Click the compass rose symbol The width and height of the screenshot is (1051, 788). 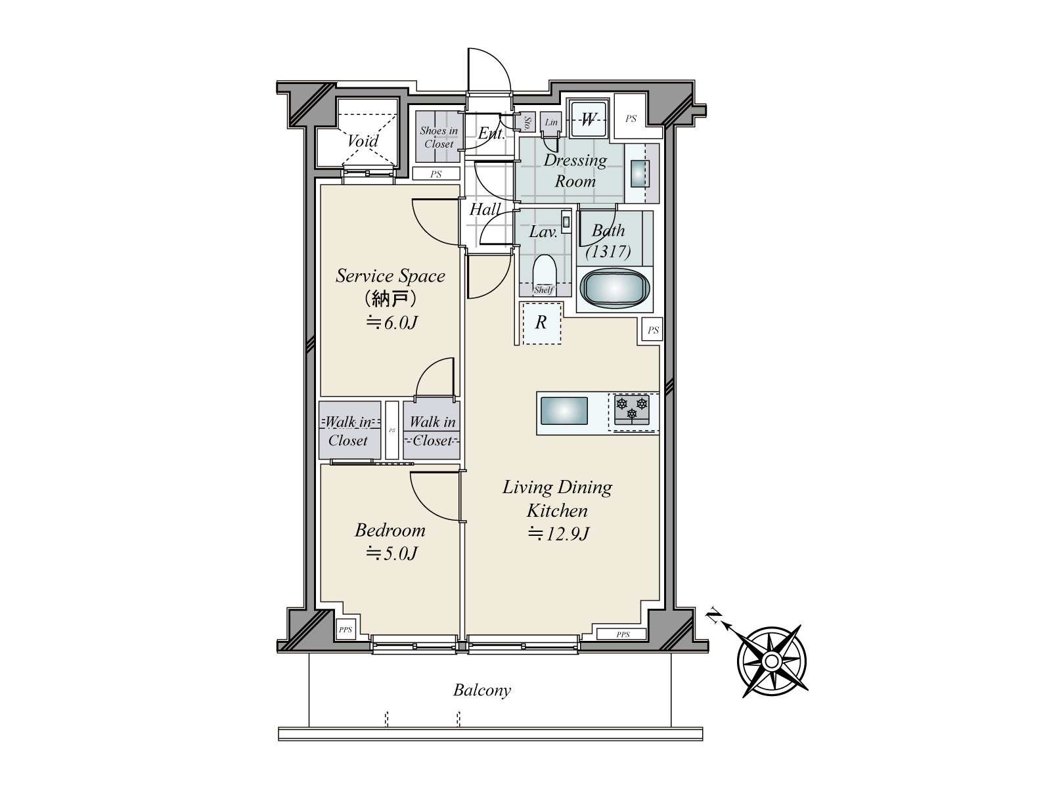771,661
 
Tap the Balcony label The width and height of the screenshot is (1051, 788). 481,690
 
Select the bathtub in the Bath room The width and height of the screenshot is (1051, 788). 615,288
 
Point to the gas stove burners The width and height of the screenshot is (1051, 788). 631,410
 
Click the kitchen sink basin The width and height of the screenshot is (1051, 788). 564,411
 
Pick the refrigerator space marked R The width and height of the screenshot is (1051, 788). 541,323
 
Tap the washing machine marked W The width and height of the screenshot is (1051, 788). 588,120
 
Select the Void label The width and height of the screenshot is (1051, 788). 363,141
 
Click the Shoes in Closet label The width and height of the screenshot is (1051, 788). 439,137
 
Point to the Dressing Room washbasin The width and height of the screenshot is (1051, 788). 640,173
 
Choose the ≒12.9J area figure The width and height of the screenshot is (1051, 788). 558,533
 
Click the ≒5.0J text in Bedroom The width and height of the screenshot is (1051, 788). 391,554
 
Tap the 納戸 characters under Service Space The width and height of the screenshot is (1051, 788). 390,299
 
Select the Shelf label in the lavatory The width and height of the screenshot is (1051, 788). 544,290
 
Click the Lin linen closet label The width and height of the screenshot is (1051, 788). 551,122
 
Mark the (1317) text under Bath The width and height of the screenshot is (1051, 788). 608,252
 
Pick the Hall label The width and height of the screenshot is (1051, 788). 485,209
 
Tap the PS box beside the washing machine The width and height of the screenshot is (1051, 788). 631,118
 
